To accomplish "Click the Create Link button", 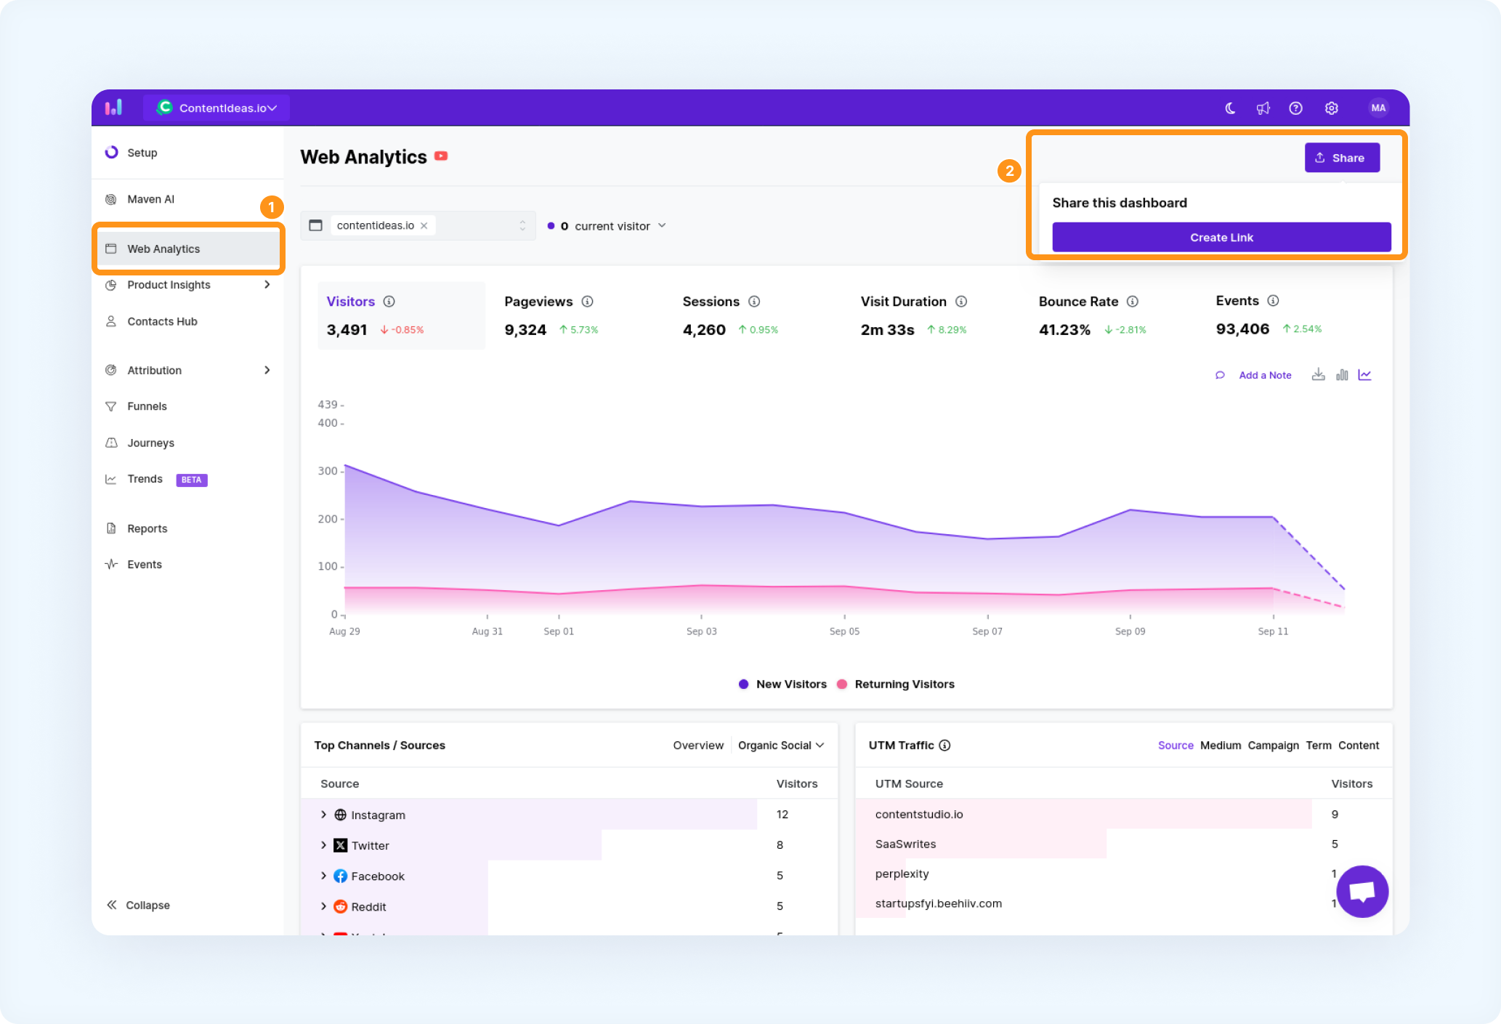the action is point(1221,238).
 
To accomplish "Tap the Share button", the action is point(1342,158).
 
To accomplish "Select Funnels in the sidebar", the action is point(147,406).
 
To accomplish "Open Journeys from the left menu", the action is point(150,443).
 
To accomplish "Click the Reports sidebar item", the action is point(147,528).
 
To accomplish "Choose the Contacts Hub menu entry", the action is point(162,321).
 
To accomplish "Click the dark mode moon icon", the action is point(1230,108).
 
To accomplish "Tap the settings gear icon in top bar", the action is point(1331,108).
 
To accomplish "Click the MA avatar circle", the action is point(1378,108).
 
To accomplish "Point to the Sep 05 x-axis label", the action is point(844,632).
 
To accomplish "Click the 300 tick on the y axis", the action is point(328,471).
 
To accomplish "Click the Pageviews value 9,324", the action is point(525,330).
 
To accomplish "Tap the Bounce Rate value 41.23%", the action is point(1064,330).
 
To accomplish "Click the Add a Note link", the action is point(1265,375).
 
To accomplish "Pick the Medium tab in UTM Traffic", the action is point(1221,746).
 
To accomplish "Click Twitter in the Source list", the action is point(371,846).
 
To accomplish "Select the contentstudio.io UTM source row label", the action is point(919,814).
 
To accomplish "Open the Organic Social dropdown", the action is point(781,746).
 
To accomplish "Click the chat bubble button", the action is point(1362,891).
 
